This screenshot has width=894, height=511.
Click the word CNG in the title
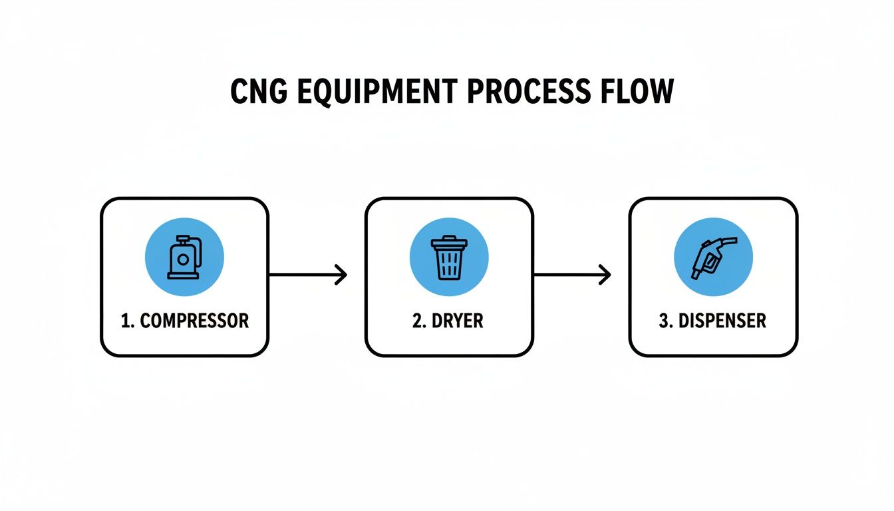click(x=259, y=92)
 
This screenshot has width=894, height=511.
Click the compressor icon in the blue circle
click(x=184, y=257)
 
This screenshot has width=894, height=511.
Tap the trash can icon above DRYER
click(x=449, y=257)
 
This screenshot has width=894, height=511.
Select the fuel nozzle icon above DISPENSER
click(x=712, y=257)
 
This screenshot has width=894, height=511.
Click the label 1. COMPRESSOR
click(x=184, y=321)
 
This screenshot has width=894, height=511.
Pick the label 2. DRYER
click(x=448, y=321)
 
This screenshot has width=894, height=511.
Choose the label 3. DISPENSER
click(x=712, y=321)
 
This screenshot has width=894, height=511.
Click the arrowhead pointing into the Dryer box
click(x=342, y=274)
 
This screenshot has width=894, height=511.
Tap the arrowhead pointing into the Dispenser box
click(x=605, y=274)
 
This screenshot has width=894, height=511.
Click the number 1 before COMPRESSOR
click(x=124, y=321)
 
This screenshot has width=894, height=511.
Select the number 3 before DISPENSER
click(x=663, y=321)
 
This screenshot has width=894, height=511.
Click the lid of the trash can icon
click(x=449, y=241)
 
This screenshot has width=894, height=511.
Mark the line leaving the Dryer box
click(x=565, y=274)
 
